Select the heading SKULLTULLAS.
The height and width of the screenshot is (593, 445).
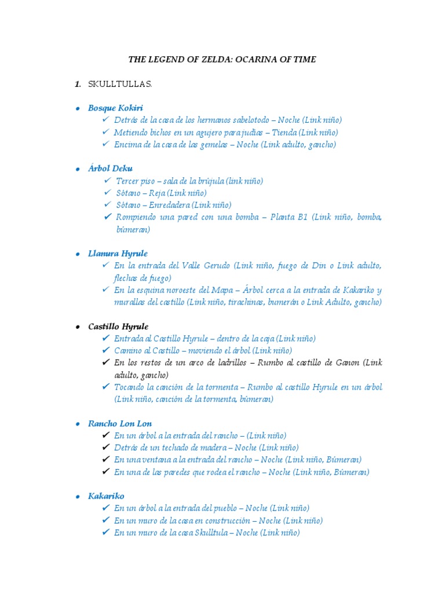click(119, 85)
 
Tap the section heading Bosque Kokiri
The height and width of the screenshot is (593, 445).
click(115, 108)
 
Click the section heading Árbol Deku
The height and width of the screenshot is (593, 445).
click(110, 169)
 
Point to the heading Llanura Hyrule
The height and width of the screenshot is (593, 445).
click(118, 254)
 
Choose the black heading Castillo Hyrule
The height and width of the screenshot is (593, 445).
click(118, 327)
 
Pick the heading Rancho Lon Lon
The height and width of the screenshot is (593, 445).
click(120, 424)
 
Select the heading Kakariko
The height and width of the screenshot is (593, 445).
click(106, 496)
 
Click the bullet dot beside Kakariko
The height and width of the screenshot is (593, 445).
click(78, 497)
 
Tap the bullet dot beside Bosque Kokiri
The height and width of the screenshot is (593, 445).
click(78, 108)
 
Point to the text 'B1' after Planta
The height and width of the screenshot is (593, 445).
click(302, 217)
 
